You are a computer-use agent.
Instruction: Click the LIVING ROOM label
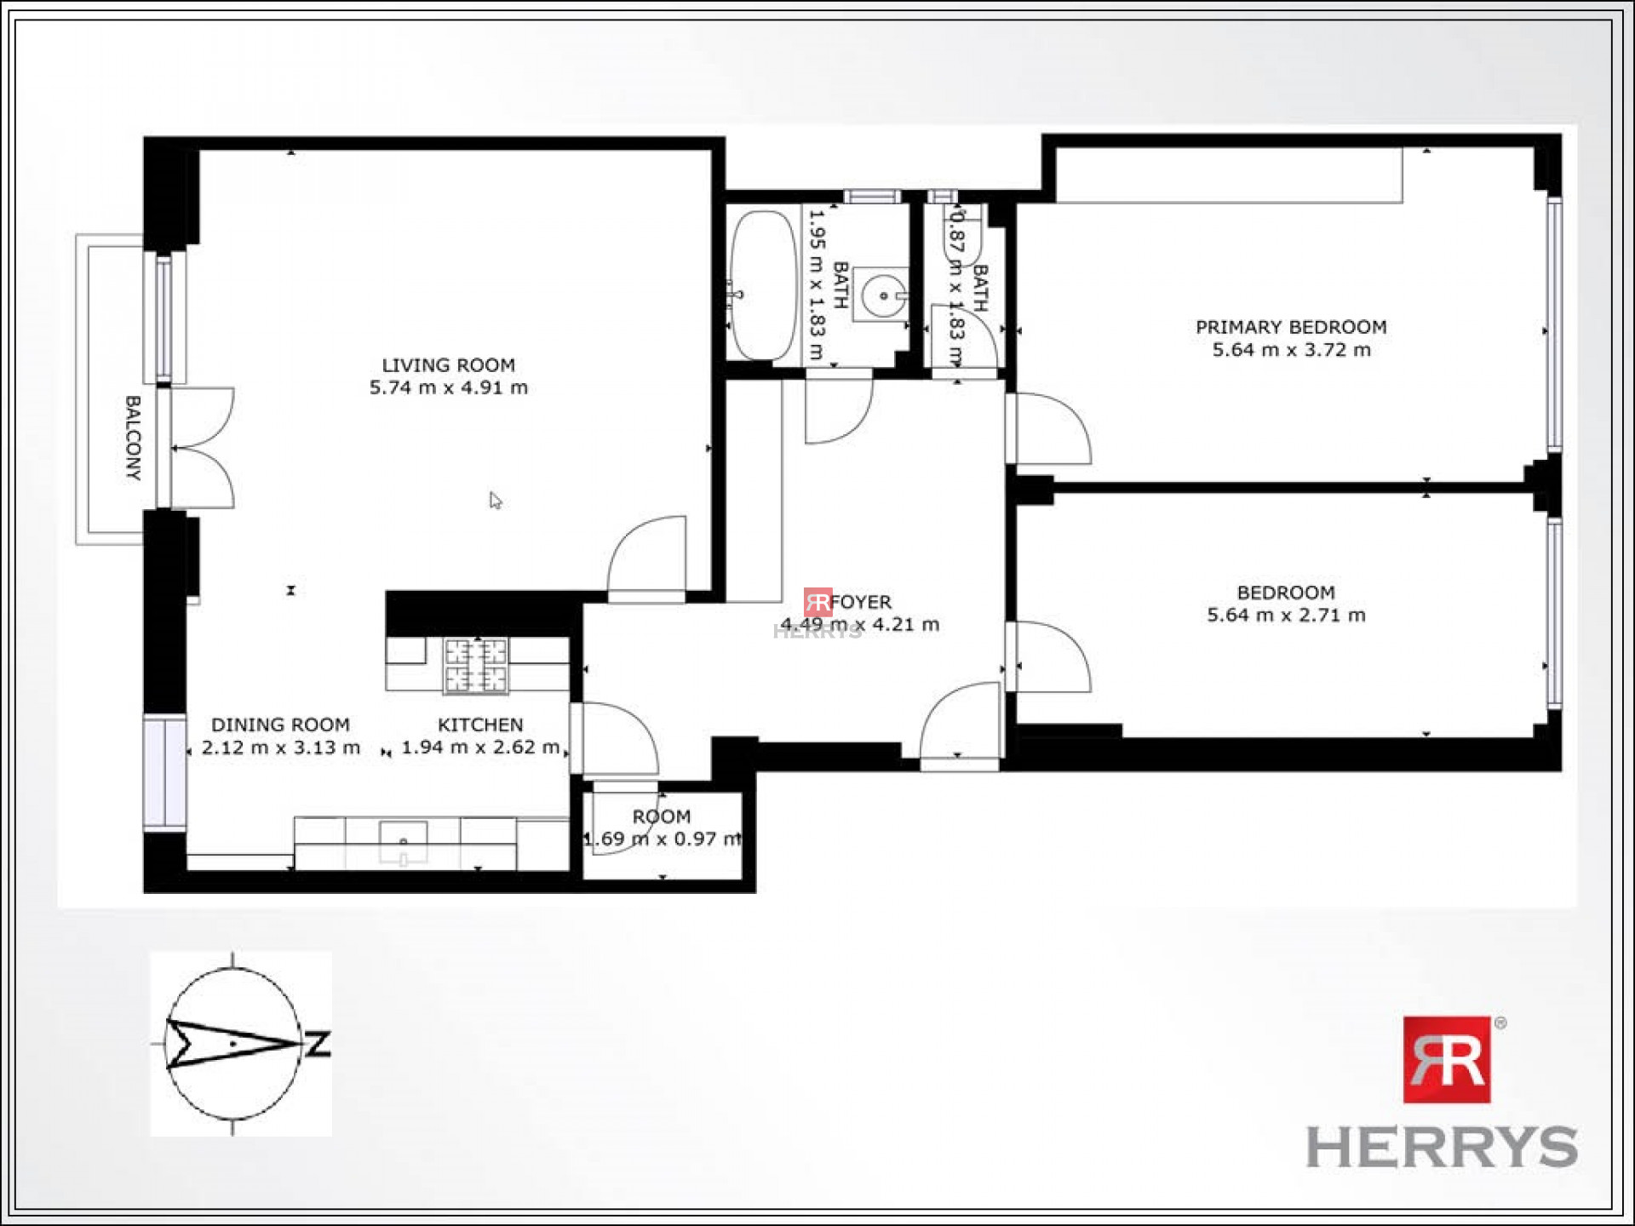(x=448, y=365)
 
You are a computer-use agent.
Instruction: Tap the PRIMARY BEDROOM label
(x=1291, y=327)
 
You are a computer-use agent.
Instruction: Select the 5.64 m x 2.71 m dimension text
(x=1286, y=615)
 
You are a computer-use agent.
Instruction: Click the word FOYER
(x=861, y=602)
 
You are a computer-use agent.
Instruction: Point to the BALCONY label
(x=133, y=438)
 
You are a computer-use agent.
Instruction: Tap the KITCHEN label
(x=480, y=725)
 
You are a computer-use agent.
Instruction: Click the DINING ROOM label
(x=280, y=725)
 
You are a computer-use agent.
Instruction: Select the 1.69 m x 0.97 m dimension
(x=663, y=839)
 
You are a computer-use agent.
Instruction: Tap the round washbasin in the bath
(x=883, y=295)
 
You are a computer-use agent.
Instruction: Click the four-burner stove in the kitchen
(x=477, y=664)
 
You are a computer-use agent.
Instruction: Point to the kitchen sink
(x=403, y=843)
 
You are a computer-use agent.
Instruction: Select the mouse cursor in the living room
(x=496, y=501)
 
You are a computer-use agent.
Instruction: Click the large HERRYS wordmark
(x=1442, y=1147)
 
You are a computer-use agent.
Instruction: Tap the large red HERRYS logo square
(x=1447, y=1059)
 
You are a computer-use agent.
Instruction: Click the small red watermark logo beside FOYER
(x=817, y=602)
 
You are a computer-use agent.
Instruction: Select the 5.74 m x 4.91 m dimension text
(x=448, y=387)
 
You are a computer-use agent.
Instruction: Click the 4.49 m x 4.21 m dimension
(x=860, y=624)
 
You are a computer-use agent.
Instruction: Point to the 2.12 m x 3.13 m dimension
(x=281, y=748)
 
